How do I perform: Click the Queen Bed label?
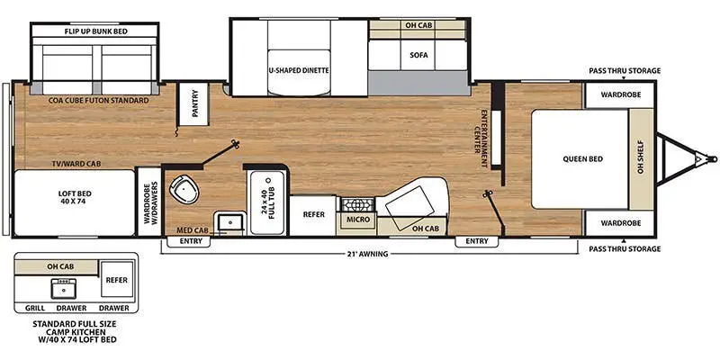click(583, 159)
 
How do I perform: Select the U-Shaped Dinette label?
click(298, 69)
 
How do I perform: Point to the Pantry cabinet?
click(191, 107)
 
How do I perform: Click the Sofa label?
click(418, 55)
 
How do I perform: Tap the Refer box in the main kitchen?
click(313, 214)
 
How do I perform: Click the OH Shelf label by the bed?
click(642, 159)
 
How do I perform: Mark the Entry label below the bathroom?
click(190, 241)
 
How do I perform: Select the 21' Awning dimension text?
click(366, 255)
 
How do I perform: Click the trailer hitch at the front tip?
click(698, 159)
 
